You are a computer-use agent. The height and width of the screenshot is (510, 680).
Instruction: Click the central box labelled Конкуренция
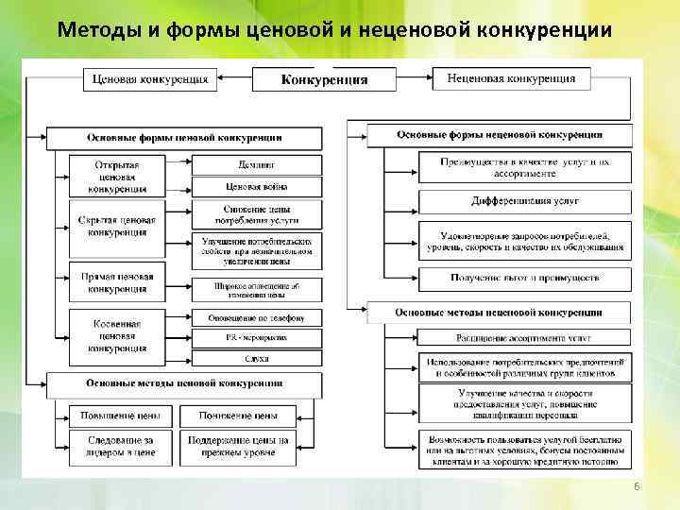(x=325, y=79)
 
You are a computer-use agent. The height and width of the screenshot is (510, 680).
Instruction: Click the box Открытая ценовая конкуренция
(x=117, y=176)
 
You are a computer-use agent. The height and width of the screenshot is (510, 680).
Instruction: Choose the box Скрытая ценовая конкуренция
(x=117, y=227)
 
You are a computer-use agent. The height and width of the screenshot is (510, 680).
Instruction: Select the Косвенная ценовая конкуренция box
(x=117, y=335)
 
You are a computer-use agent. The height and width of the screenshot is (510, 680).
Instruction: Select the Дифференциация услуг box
(x=525, y=201)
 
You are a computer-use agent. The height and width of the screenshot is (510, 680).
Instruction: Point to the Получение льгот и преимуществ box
(x=525, y=278)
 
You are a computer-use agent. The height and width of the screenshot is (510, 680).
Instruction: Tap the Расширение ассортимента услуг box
(x=525, y=337)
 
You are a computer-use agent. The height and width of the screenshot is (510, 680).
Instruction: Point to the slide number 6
(x=637, y=485)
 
